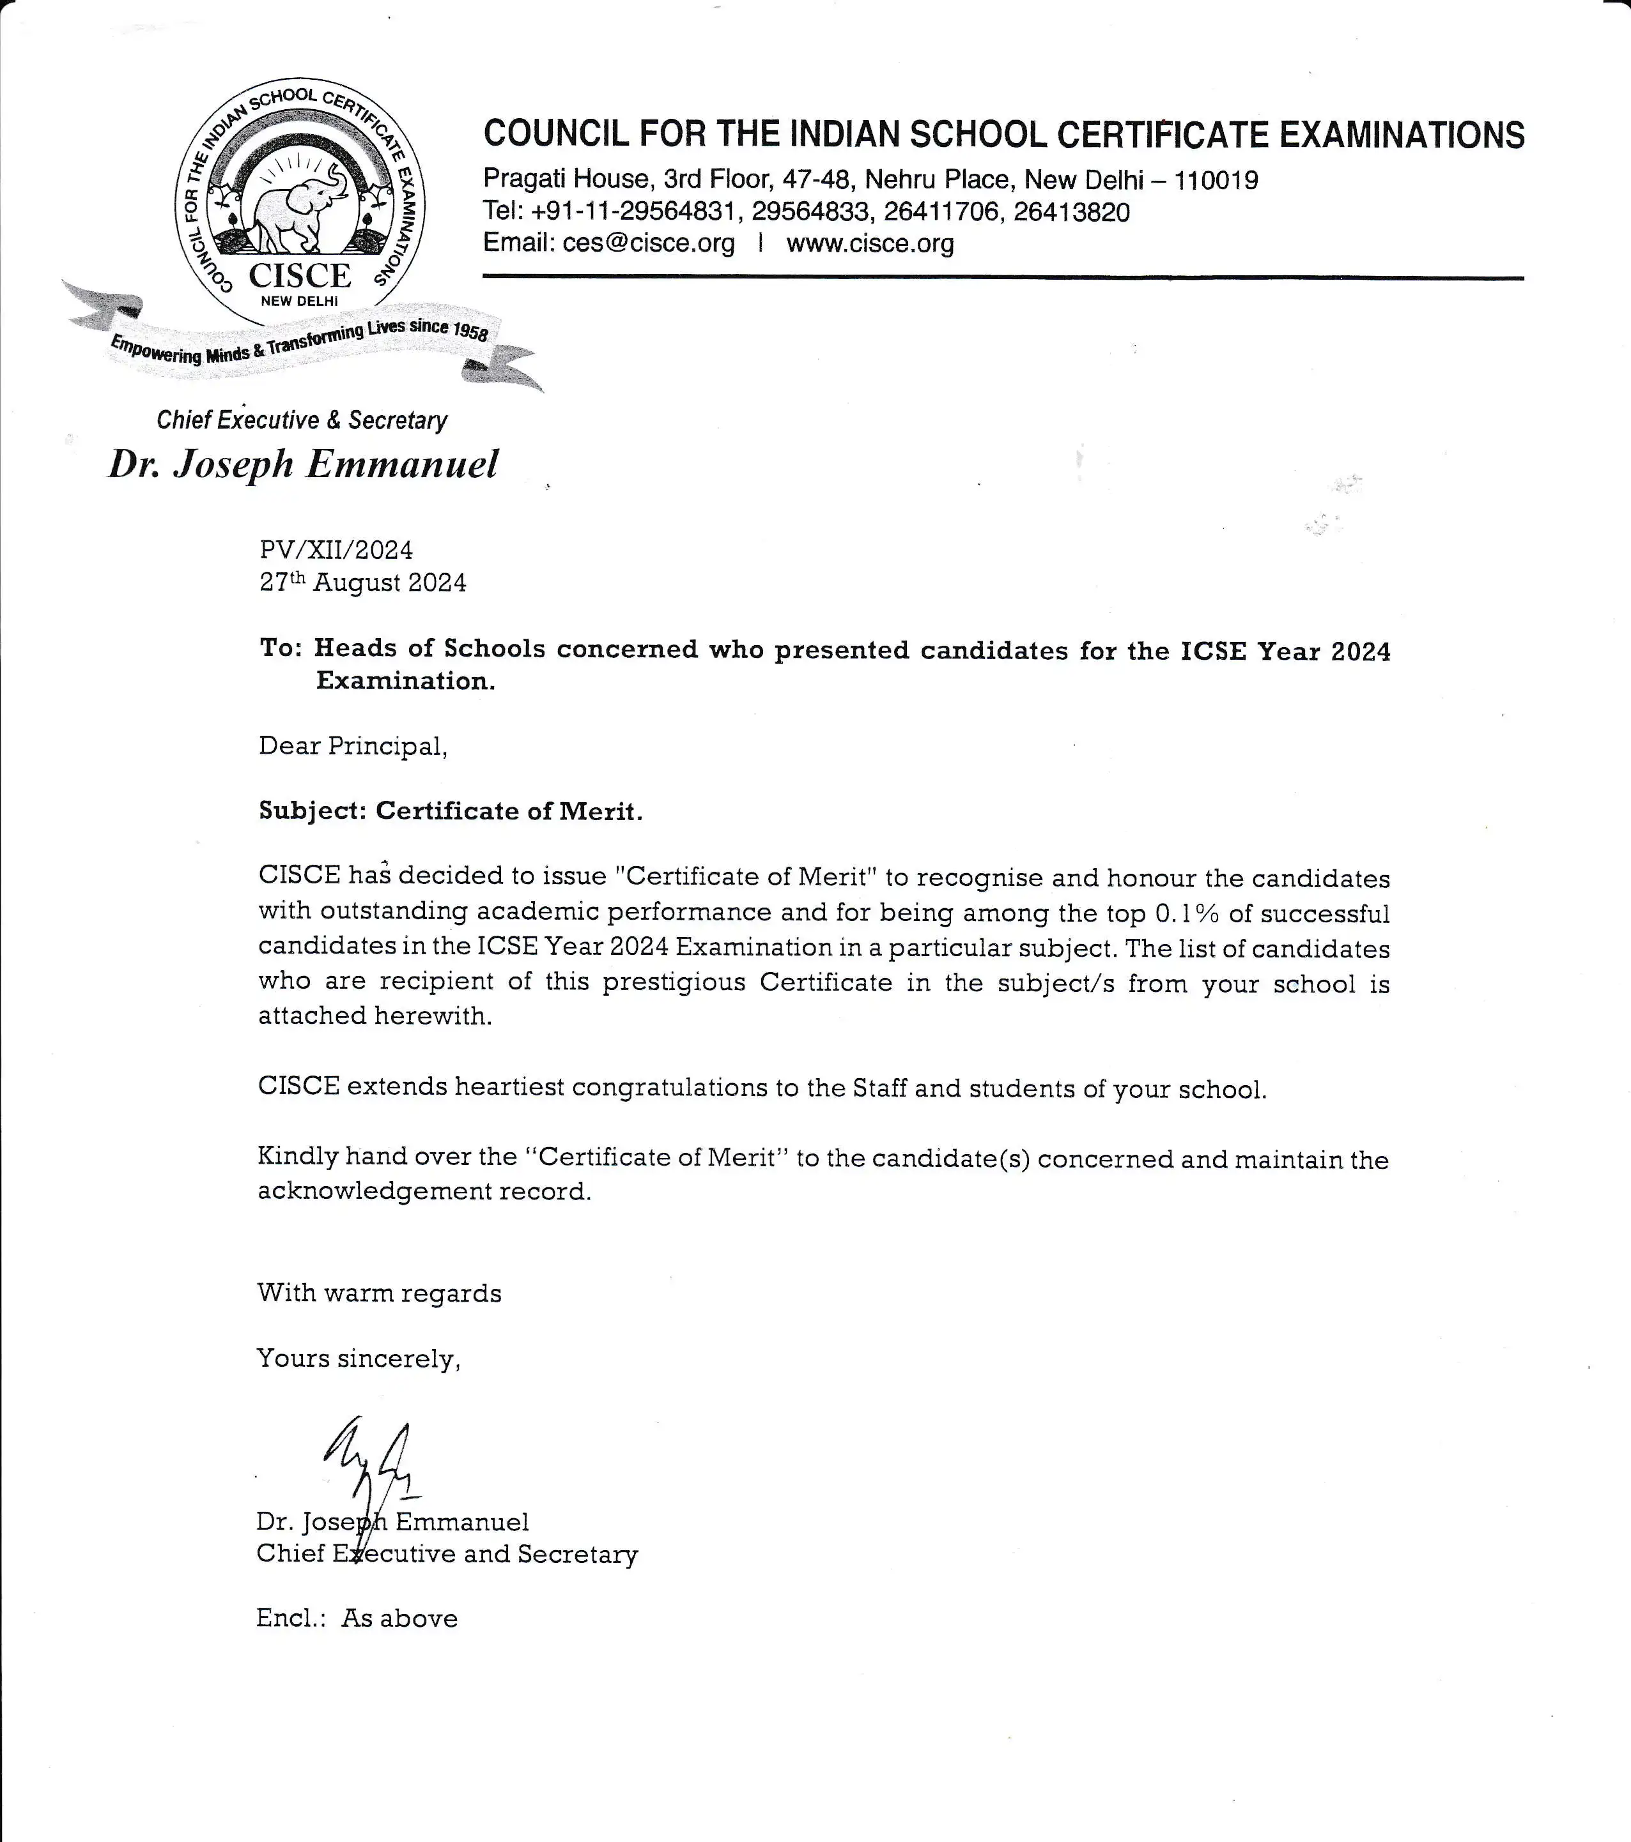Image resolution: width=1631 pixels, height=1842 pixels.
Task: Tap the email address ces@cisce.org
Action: point(648,243)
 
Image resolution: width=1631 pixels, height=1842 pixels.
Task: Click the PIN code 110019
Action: point(1216,180)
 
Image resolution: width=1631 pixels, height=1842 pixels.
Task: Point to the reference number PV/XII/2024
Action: point(336,550)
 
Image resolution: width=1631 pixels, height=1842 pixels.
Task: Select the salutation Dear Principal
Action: point(353,746)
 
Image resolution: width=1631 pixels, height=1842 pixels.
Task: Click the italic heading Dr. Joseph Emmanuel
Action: point(303,464)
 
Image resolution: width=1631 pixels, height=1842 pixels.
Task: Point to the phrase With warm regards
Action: point(379,1293)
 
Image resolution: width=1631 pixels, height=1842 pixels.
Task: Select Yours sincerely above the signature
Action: point(358,1358)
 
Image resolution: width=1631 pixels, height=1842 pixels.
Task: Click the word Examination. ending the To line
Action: point(405,681)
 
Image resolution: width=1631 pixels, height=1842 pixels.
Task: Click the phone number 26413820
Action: point(1071,213)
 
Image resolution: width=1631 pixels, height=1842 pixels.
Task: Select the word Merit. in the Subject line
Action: point(601,811)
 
